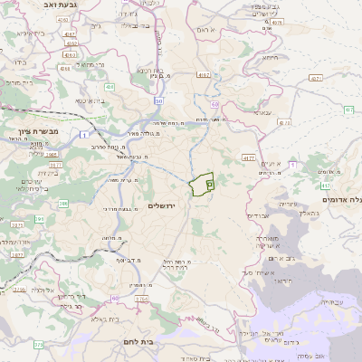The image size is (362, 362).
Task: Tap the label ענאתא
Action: [262, 113]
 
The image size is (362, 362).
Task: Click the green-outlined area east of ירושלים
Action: [202, 184]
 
